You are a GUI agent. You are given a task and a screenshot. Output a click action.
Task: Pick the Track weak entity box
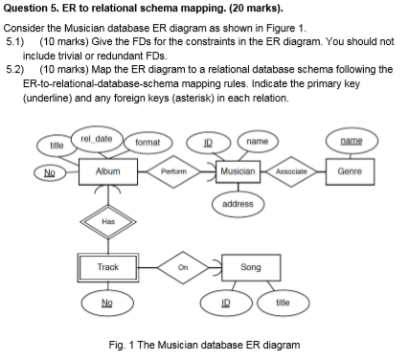click(x=108, y=266)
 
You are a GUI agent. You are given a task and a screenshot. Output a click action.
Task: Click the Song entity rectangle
click(x=250, y=267)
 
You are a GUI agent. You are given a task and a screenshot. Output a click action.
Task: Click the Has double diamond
click(x=108, y=219)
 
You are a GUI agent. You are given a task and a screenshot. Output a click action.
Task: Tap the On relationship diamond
click(x=182, y=267)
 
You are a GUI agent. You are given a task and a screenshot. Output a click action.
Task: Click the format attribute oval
click(x=147, y=143)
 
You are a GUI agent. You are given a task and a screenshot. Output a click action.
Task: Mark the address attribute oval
click(x=238, y=203)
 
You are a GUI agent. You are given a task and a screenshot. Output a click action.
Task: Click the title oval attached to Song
click(x=283, y=302)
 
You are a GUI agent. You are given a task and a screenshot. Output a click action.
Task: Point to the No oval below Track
click(x=108, y=302)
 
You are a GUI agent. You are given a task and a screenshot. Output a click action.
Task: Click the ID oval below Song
click(x=228, y=302)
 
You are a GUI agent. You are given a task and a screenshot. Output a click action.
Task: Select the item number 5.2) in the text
click(x=15, y=68)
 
